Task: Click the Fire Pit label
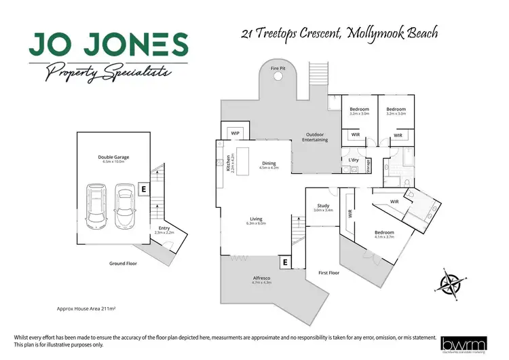(278, 69)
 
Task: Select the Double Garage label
(113, 157)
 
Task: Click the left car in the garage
(95, 206)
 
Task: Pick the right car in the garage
(124, 206)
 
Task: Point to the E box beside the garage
(143, 189)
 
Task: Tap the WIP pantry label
(235, 132)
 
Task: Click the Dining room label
(269, 163)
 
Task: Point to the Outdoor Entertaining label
(316, 137)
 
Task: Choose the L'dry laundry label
(353, 160)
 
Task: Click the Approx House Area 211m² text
(86, 308)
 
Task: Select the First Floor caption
(328, 272)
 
